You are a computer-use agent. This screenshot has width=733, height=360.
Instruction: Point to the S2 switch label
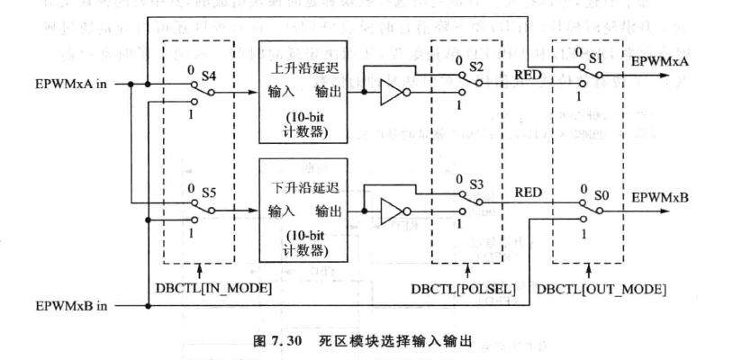(x=476, y=67)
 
